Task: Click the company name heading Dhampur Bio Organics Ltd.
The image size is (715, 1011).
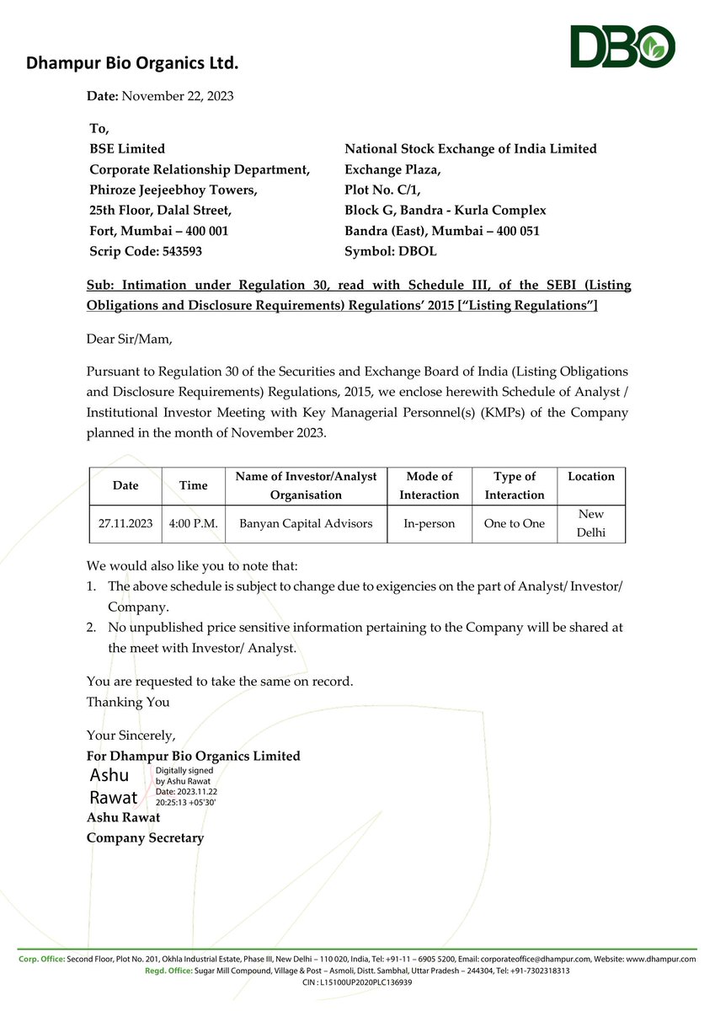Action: (132, 62)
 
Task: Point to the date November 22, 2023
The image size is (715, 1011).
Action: (178, 96)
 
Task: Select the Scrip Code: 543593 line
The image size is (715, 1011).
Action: (146, 251)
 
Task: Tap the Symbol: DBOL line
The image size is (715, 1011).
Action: (391, 251)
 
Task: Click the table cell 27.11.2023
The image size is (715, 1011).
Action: (125, 523)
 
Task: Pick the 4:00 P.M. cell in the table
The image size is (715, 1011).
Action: (193, 523)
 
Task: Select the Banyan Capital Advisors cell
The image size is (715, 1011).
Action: (306, 523)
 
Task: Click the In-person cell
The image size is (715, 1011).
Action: (429, 523)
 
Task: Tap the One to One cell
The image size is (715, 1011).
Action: (514, 523)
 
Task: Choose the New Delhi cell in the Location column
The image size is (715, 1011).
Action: (591, 523)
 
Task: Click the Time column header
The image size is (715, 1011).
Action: (193, 485)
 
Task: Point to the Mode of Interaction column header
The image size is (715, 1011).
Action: (429, 485)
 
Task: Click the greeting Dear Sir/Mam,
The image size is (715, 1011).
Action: (129, 339)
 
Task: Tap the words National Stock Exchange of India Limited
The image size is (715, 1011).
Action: (471, 149)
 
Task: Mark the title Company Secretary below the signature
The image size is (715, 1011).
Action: (145, 837)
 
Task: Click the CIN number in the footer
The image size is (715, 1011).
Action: (357, 982)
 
